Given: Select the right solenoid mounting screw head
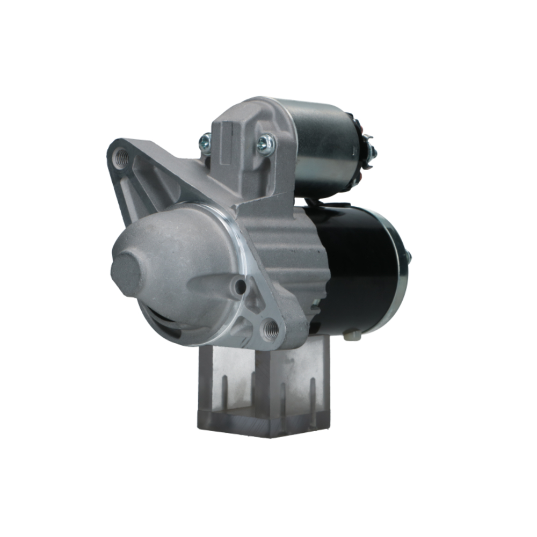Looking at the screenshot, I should coord(265,142).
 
